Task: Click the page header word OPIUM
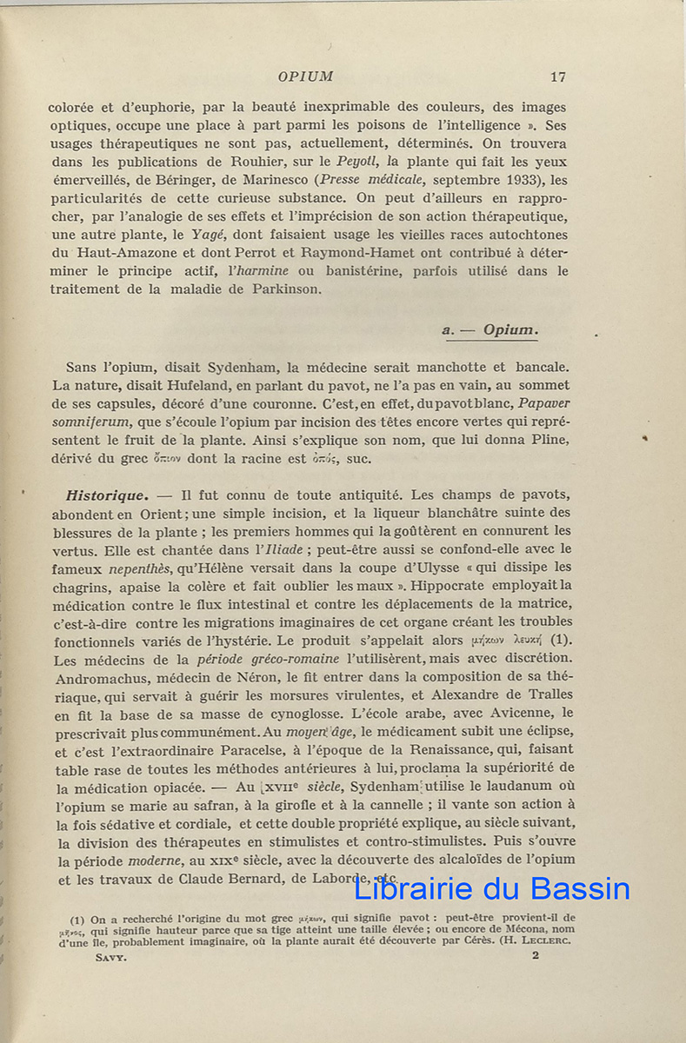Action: tap(305, 76)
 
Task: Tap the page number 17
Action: tap(558, 76)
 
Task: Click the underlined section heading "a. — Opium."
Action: tap(490, 330)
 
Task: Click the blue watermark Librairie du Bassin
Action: tap(491, 888)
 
